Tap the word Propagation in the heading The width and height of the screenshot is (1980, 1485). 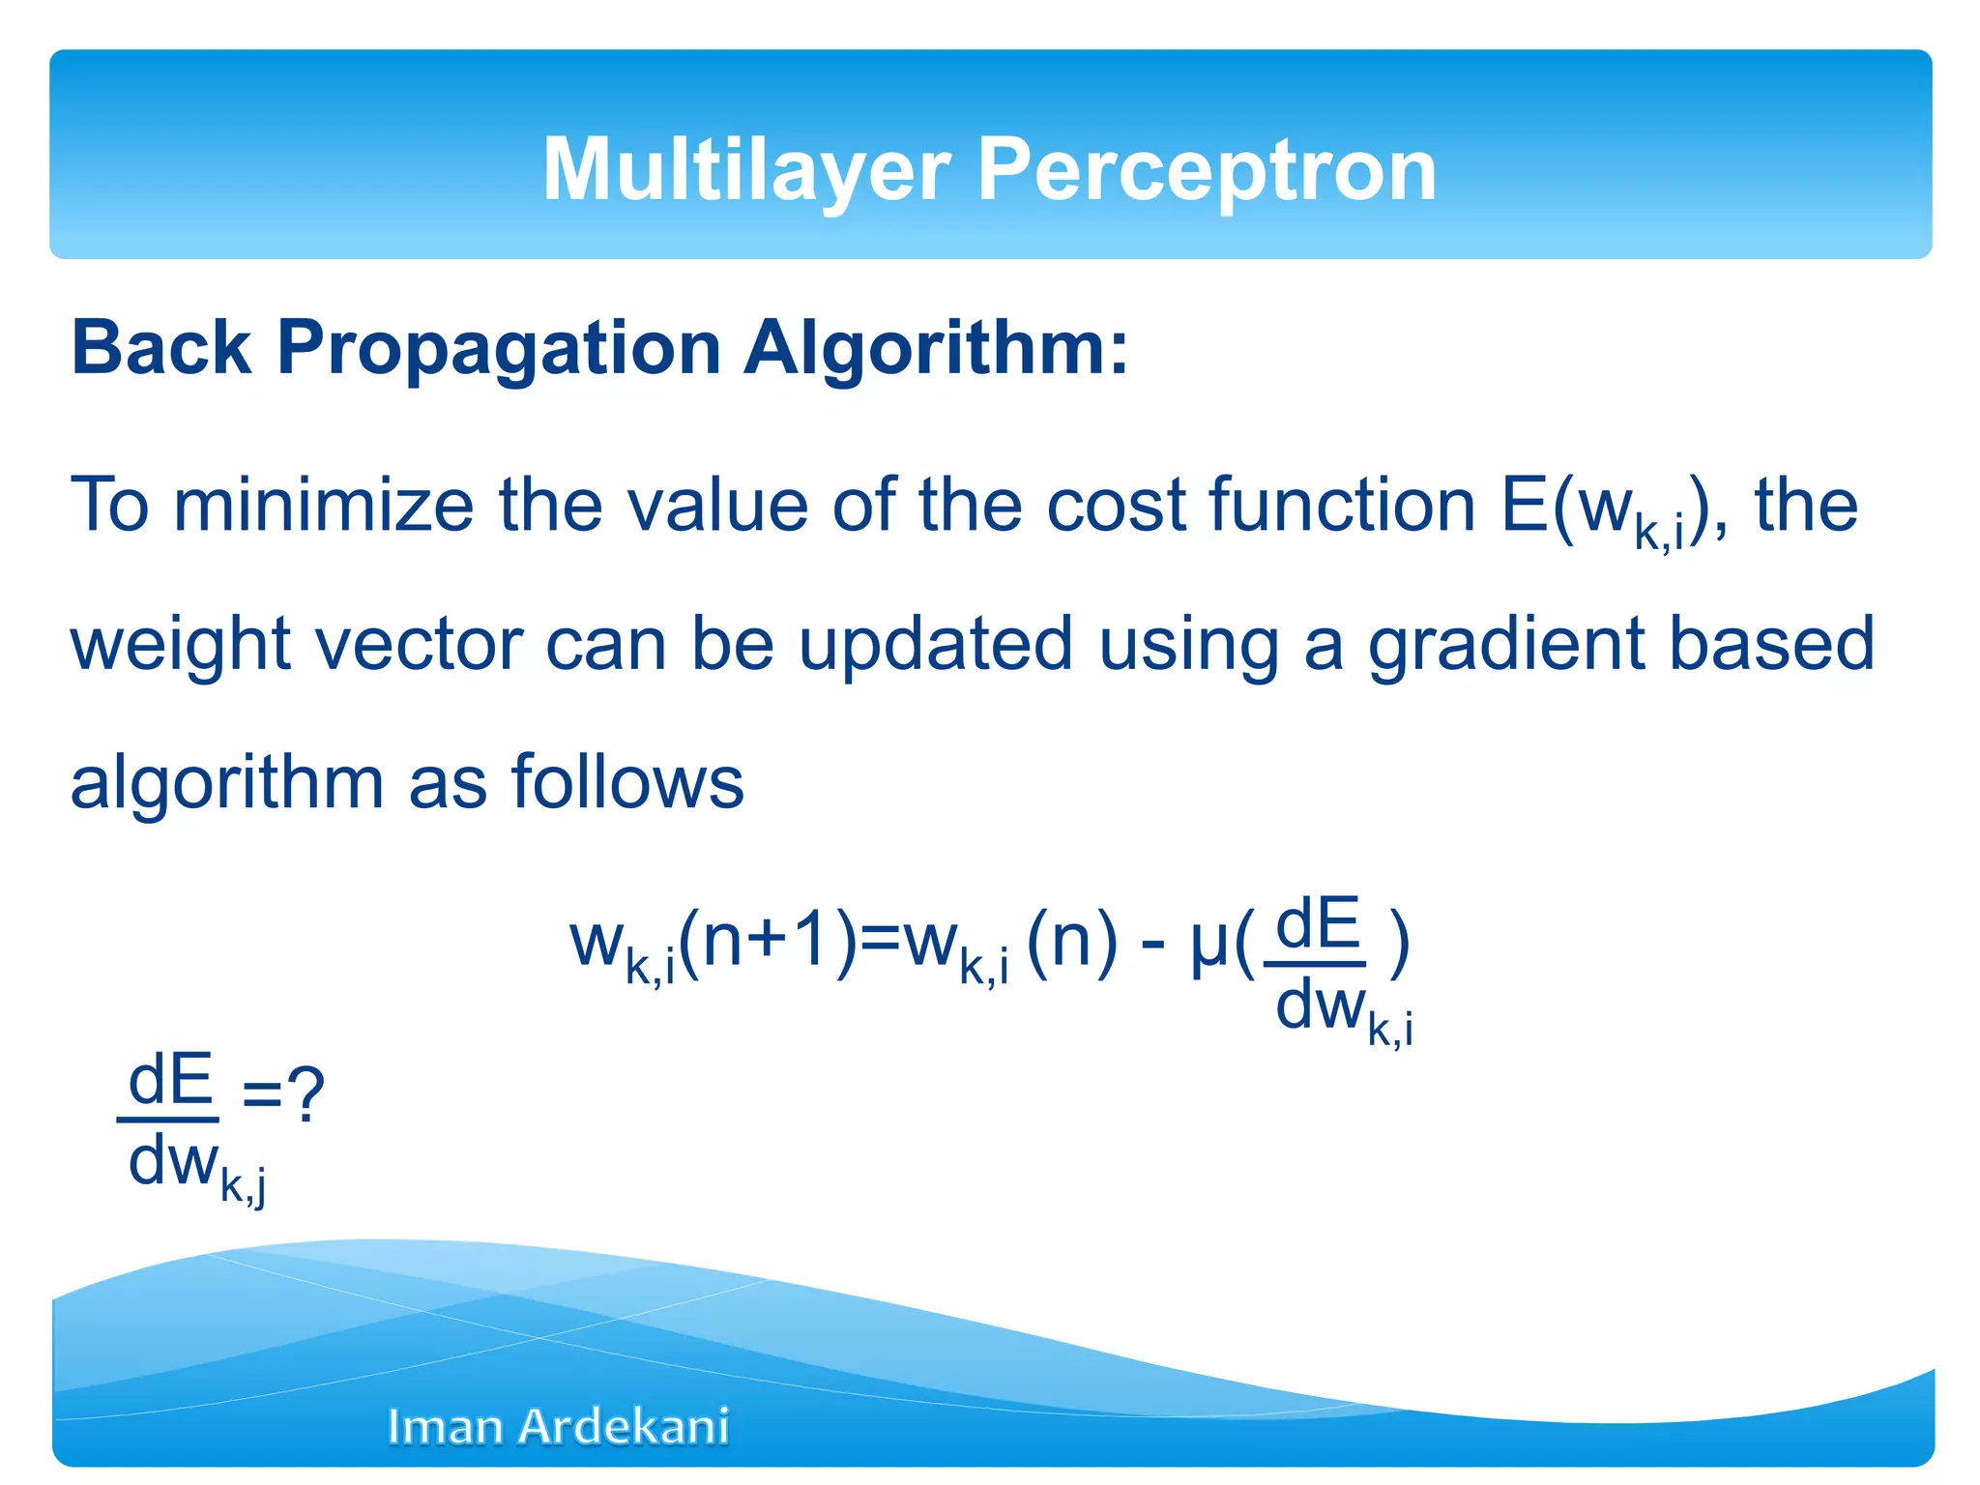[499, 347]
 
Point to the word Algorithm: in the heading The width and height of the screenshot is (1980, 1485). [935, 347]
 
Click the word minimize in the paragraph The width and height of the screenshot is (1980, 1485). [324, 505]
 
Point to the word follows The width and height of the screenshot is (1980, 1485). [627, 781]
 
